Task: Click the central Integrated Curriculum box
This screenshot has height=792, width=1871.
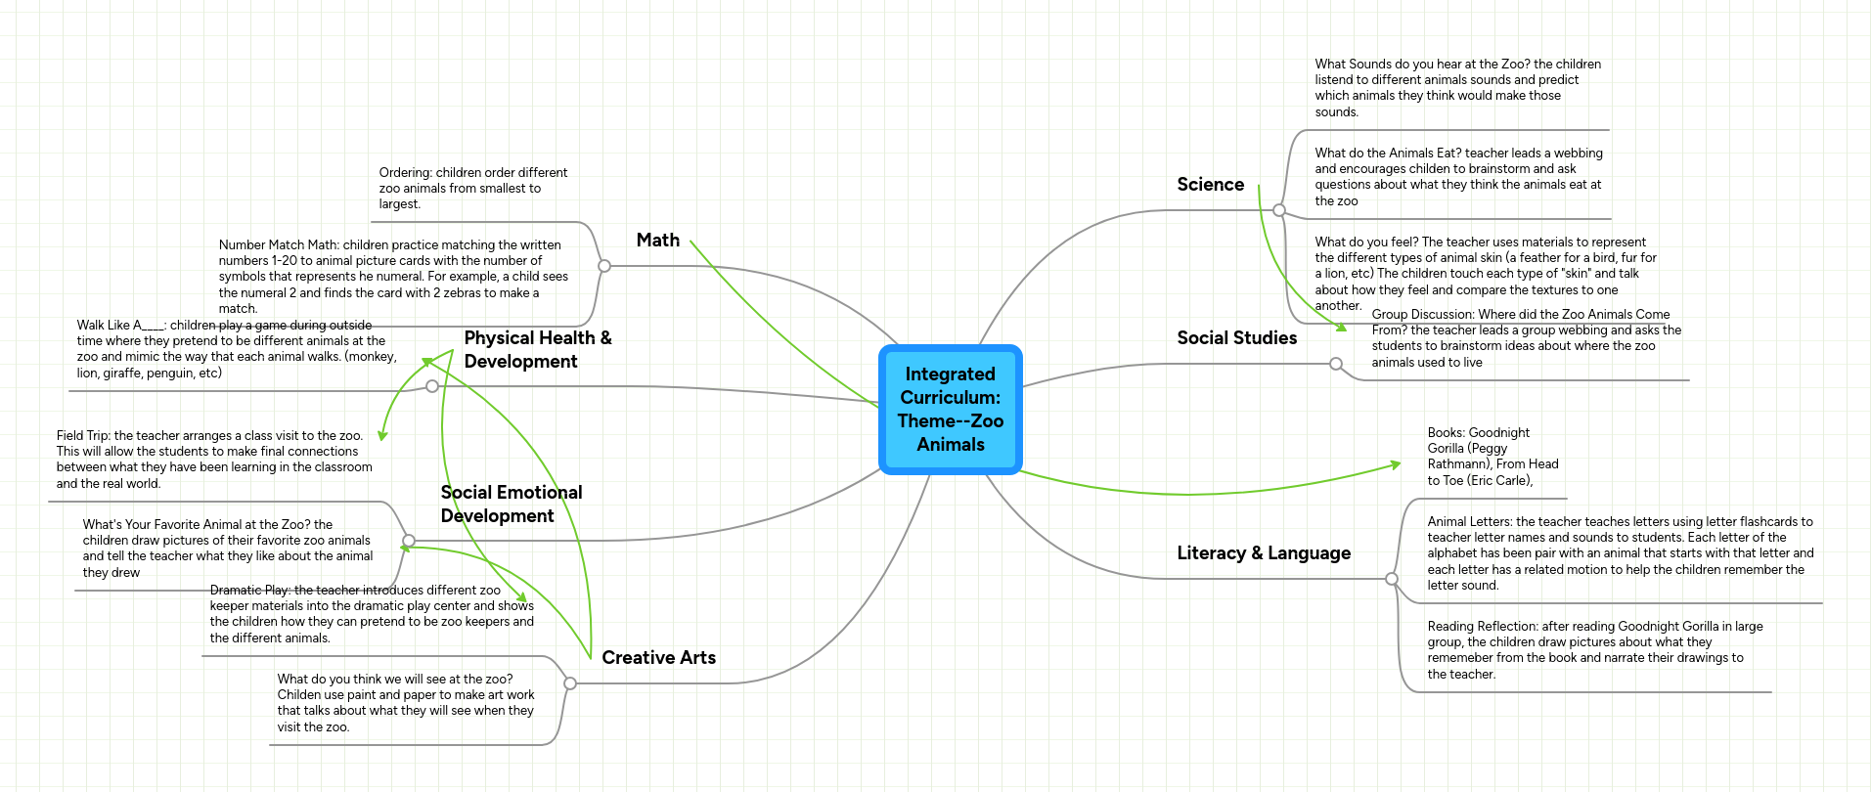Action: pyautogui.click(x=950, y=410)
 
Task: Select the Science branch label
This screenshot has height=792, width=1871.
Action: pyautogui.click(x=1210, y=185)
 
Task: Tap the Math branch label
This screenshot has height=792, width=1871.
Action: pyautogui.click(x=657, y=241)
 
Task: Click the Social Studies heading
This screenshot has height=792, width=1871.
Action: pyautogui.click(x=1236, y=338)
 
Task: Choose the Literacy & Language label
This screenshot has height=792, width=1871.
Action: pyautogui.click(x=1263, y=553)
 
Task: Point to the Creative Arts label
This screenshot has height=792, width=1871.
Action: pyautogui.click(x=658, y=658)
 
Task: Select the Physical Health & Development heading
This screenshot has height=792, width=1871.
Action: pyautogui.click(x=537, y=349)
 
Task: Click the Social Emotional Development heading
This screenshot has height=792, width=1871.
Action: pyautogui.click(x=511, y=504)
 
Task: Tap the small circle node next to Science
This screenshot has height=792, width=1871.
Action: pyautogui.click(x=1278, y=210)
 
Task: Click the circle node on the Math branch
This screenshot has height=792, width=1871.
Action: pyautogui.click(x=604, y=266)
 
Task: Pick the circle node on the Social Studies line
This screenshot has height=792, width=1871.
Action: pyautogui.click(x=1336, y=364)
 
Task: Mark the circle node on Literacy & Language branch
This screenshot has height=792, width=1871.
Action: pyautogui.click(x=1392, y=579)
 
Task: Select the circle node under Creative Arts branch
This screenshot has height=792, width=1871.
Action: pyautogui.click(x=570, y=683)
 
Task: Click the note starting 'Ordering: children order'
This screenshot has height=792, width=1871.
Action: pyautogui.click(x=472, y=188)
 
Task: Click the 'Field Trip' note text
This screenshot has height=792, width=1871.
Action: pyautogui.click(x=213, y=460)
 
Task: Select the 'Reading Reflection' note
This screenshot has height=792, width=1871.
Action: pyautogui.click(x=1593, y=650)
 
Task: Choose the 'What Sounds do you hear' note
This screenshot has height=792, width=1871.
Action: pyautogui.click(x=1456, y=88)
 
